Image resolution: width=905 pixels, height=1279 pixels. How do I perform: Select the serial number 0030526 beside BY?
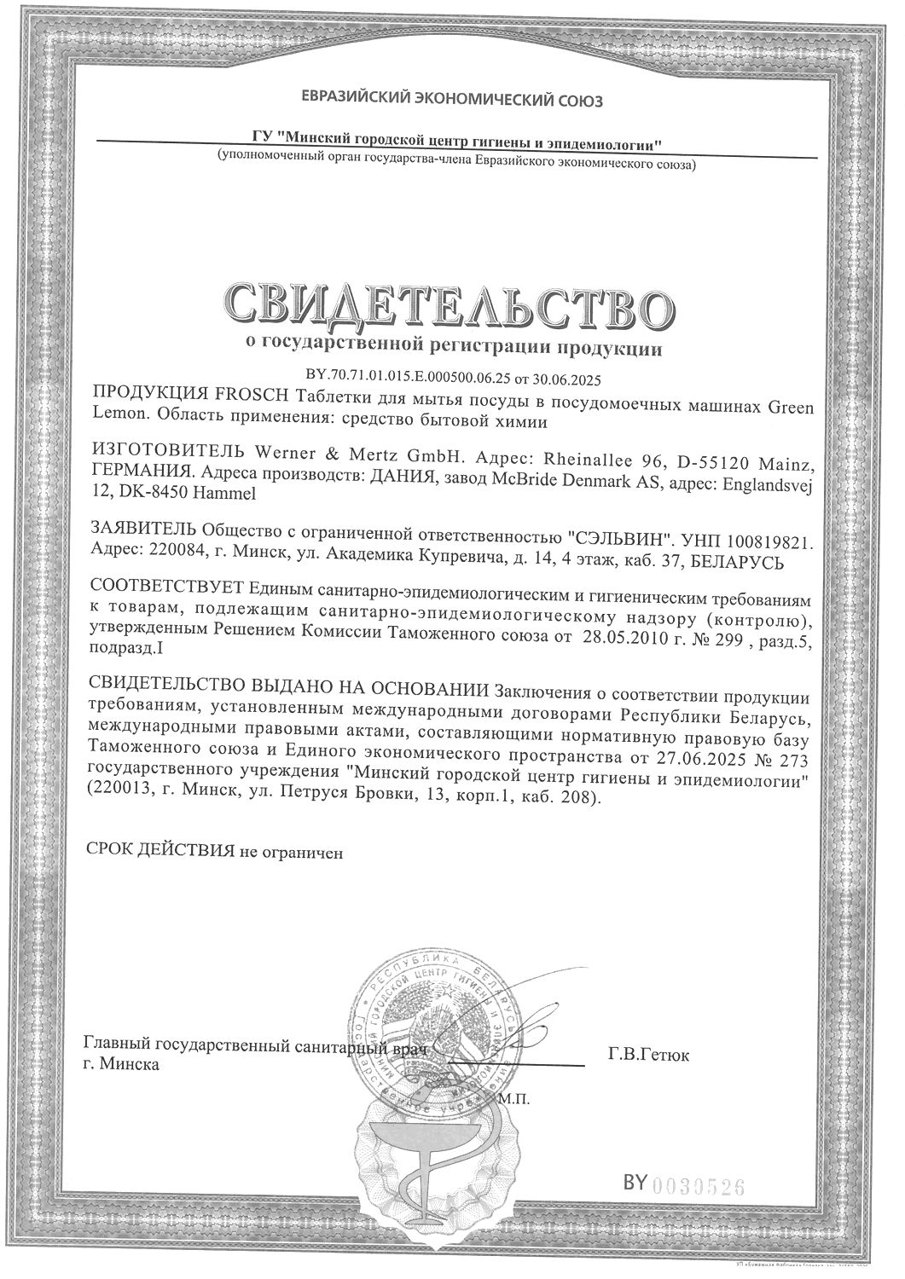pyautogui.click(x=697, y=1184)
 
